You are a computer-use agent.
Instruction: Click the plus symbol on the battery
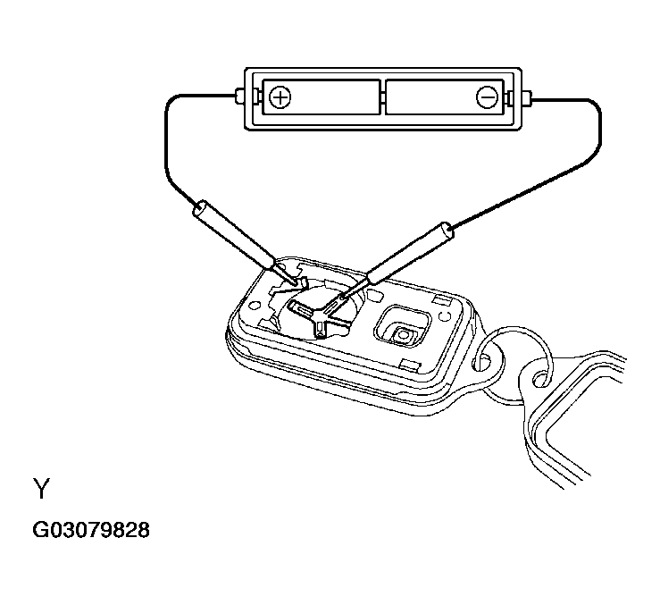point(280,97)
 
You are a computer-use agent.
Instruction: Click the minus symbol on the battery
point(487,97)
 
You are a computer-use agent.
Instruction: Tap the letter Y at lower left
point(42,488)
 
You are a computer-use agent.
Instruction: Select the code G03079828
point(91,530)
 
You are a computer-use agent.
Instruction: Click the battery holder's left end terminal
point(239,97)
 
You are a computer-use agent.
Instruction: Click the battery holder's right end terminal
point(527,97)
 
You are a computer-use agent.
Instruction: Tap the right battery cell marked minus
point(445,97)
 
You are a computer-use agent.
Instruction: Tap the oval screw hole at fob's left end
point(254,304)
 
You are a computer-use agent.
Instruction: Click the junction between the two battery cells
point(383,97)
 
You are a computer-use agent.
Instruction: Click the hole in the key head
point(540,378)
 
